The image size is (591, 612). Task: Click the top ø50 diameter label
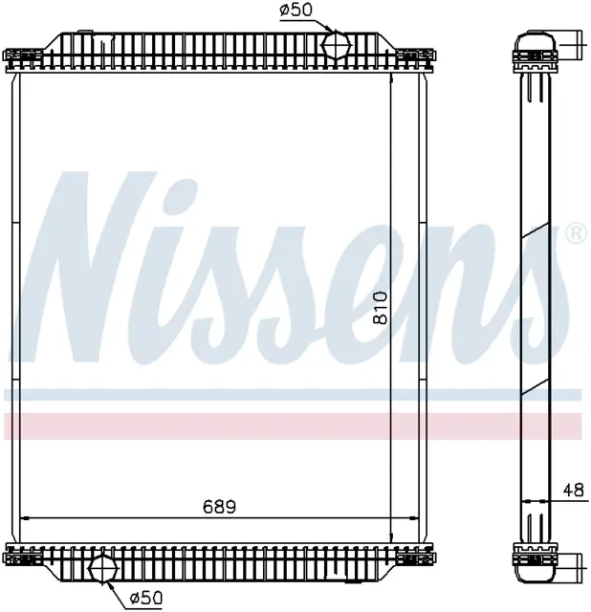coord(295,11)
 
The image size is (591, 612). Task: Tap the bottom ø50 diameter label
coord(145,597)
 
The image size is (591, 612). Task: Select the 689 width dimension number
coord(219,507)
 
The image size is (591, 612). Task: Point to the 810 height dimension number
coord(381,308)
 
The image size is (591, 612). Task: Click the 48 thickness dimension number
coord(574,490)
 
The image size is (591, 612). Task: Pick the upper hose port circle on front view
coord(336,45)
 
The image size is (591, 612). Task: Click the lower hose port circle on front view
coord(103,569)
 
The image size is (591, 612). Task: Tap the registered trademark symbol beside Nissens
coord(576,233)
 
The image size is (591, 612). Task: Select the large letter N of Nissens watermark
coord(84,266)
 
